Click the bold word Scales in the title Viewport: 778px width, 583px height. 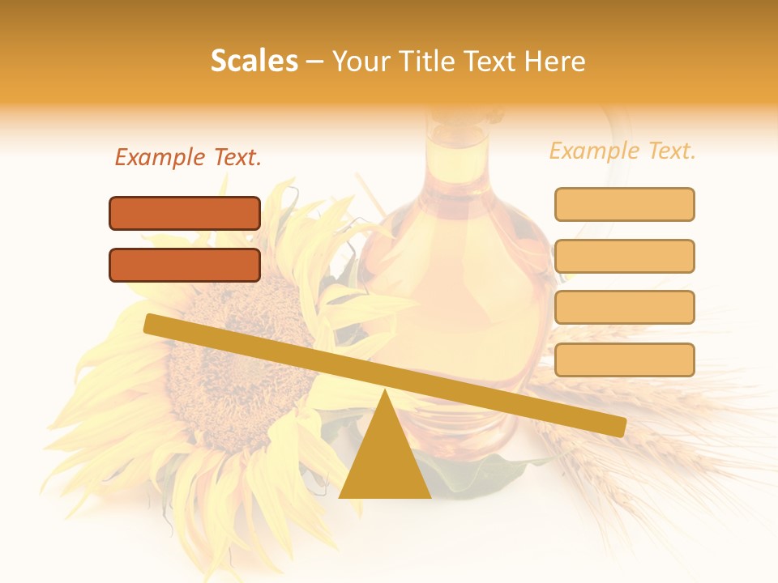(254, 61)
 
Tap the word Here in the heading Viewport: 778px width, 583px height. (555, 61)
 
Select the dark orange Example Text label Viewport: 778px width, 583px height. (188, 158)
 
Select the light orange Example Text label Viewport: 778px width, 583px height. (622, 151)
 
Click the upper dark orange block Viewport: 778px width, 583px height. (185, 213)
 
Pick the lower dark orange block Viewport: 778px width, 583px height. (185, 265)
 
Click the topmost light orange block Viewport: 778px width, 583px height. (624, 204)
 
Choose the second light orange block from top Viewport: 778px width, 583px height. (624, 256)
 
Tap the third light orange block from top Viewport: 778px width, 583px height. (624, 308)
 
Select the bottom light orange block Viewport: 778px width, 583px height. (624, 360)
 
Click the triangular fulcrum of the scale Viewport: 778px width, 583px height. (385, 453)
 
